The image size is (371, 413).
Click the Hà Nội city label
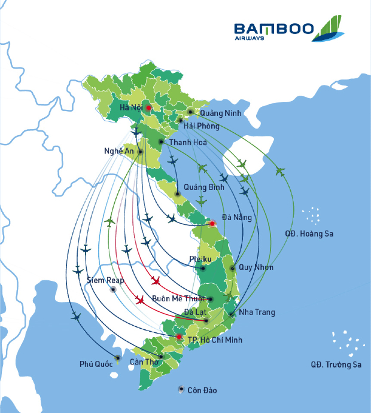click(131, 108)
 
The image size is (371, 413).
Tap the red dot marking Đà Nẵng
click(212, 224)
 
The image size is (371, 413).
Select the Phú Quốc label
click(96, 364)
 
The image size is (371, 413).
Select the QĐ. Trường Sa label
click(336, 364)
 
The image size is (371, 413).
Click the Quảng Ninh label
click(219, 113)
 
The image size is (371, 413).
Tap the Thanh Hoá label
click(188, 142)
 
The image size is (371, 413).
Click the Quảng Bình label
click(204, 187)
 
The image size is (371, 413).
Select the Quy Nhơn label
click(256, 267)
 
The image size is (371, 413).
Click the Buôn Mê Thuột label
click(178, 298)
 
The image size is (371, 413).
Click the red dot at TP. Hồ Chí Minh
click(178, 337)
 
